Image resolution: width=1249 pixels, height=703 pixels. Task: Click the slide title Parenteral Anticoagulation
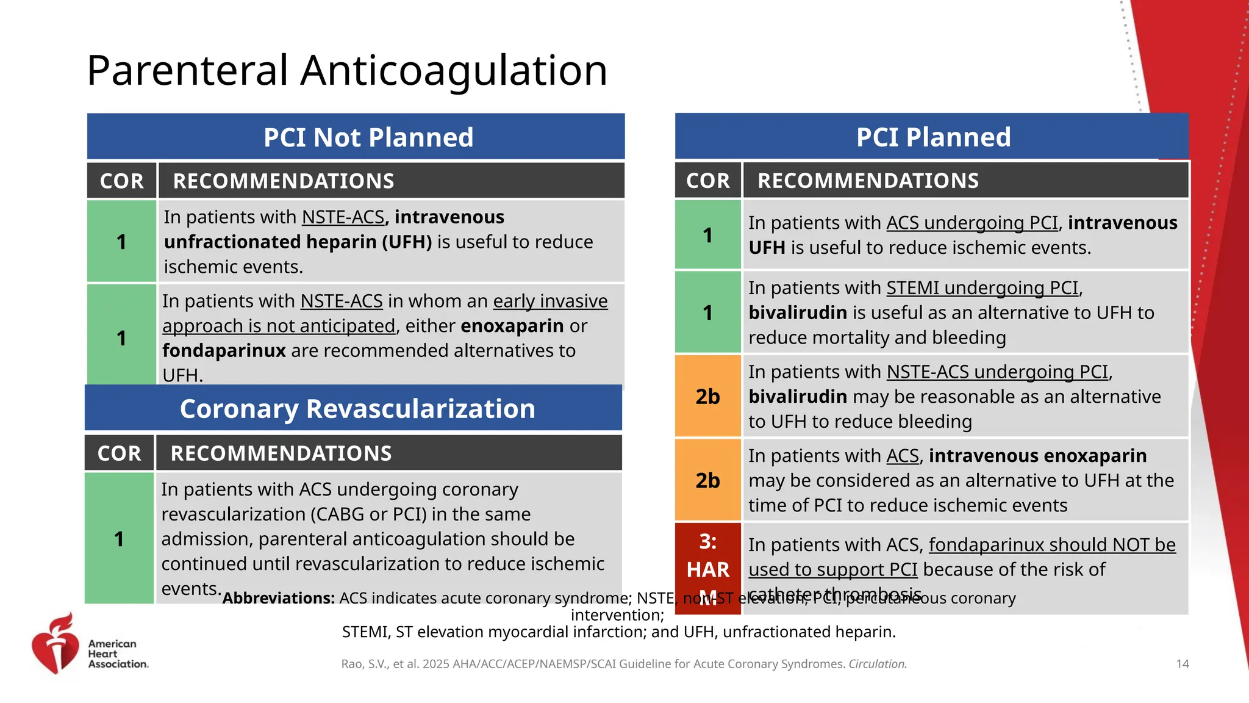click(346, 71)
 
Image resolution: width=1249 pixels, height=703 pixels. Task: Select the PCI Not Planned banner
click(368, 137)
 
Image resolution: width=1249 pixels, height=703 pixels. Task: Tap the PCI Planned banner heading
click(932, 137)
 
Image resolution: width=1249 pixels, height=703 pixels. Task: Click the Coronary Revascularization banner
click(357, 409)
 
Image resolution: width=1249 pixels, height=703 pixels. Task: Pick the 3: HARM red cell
click(707, 568)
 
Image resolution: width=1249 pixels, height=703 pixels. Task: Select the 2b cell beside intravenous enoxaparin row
click(707, 480)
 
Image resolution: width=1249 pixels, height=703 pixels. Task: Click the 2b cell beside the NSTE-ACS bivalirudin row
click(707, 397)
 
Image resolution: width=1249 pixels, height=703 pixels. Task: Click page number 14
click(1182, 664)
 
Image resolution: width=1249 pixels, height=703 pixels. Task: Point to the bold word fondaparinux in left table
click(224, 351)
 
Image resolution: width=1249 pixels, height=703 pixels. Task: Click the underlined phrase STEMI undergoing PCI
click(982, 287)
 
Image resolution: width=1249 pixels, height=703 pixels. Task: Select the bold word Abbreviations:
click(278, 598)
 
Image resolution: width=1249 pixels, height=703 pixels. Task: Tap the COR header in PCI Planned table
click(707, 181)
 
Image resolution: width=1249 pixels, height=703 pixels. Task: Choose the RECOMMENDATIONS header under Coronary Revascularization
click(281, 453)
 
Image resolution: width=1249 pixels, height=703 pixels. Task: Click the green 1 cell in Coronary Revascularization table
click(119, 539)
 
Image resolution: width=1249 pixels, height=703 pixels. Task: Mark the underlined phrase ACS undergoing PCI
click(972, 223)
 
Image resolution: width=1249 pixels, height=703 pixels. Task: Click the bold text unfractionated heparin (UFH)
click(298, 242)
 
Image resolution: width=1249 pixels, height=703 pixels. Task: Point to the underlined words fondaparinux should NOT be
click(1051, 544)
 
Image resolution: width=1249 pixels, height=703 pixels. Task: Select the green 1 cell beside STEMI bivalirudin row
click(707, 312)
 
